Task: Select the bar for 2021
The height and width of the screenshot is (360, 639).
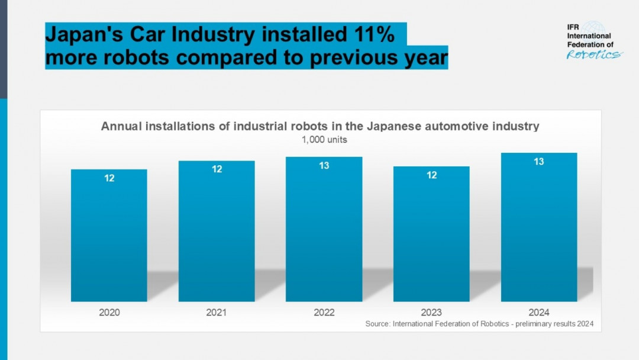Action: [217, 232]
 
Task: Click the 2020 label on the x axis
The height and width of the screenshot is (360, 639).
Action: [109, 312]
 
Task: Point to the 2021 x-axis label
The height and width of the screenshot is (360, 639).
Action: [217, 312]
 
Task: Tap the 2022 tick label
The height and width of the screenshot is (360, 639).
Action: [324, 312]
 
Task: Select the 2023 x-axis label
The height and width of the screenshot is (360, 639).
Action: [431, 312]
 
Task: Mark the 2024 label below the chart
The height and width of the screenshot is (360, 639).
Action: [539, 312]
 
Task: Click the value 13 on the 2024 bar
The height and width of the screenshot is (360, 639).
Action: [539, 162]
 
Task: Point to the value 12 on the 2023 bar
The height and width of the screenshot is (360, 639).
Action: [432, 175]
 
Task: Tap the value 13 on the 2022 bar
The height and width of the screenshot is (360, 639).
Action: [324, 166]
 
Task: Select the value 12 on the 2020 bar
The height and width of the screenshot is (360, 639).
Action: [109, 178]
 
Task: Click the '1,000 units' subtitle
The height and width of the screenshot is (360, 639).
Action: [320, 140]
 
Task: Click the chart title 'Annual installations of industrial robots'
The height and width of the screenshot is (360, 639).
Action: [320, 126]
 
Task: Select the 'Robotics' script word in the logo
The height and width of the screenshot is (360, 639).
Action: [594, 54]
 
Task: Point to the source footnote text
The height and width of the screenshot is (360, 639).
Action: [479, 324]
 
